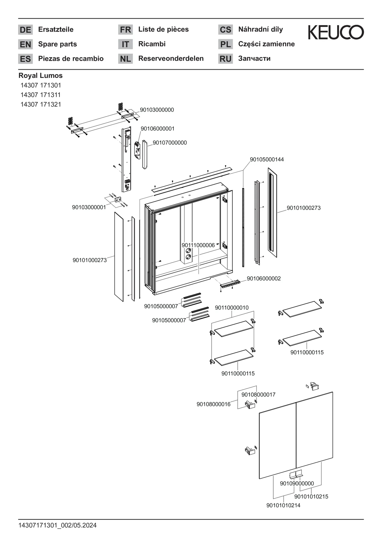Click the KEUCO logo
pyautogui.click(x=336, y=32)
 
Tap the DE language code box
pyautogui.click(x=25, y=30)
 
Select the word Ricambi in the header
pyautogui.click(x=152, y=44)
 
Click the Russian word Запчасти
pyautogui.click(x=254, y=58)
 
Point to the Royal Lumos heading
pyautogui.click(x=40, y=76)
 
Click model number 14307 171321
pyautogui.click(x=41, y=104)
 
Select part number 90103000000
pyautogui.click(x=157, y=110)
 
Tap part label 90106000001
pyautogui.click(x=157, y=129)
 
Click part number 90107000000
pyautogui.click(x=170, y=143)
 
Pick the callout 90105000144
pyautogui.click(x=267, y=159)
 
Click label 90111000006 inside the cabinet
pyautogui.click(x=198, y=245)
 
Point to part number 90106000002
pyautogui.click(x=264, y=278)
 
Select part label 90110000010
pyautogui.click(x=232, y=307)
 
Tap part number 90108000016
pyautogui.click(x=213, y=404)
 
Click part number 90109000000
pyautogui.click(x=297, y=483)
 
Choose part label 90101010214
pyautogui.click(x=283, y=505)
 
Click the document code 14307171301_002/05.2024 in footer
pyautogui.click(x=58, y=525)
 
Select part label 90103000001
pyautogui.click(x=89, y=207)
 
